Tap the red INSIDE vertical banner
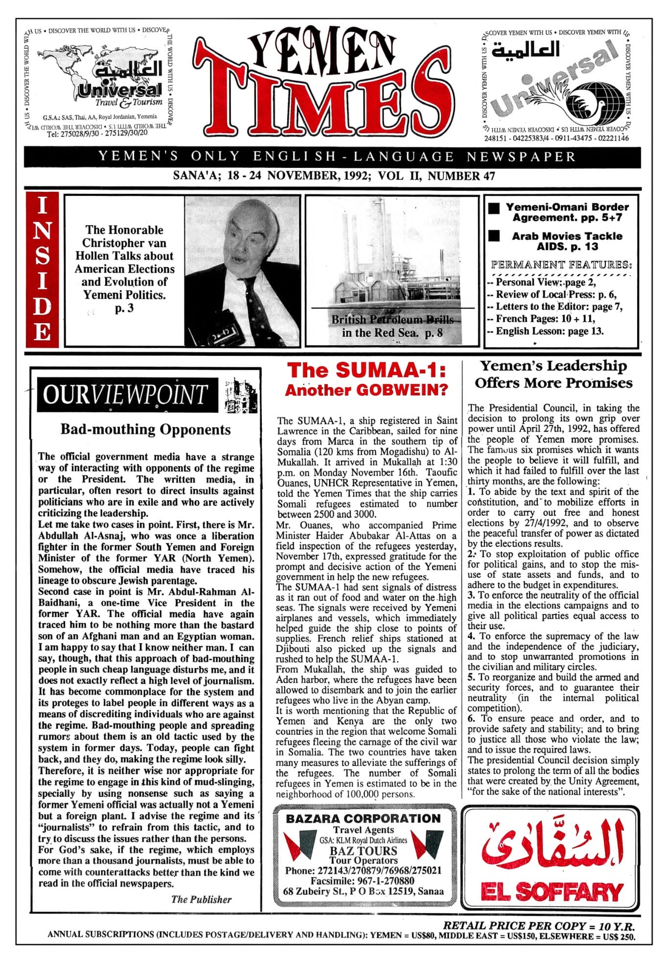pyautogui.click(x=42, y=269)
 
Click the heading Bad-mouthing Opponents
pyautogui.click(x=145, y=430)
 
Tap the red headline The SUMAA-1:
pyautogui.click(x=367, y=371)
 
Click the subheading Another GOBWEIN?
pyautogui.click(x=367, y=390)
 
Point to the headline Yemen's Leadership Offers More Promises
pyautogui.click(x=553, y=375)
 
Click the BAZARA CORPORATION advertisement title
pyautogui.click(x=363, y=818)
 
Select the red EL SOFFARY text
pyautogui.click(x=552, y=891)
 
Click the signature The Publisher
pyautogui.click(x=201, y=899)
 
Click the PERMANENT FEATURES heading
pyautogui.click(x=561, y=265)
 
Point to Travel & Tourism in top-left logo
pyautogui.click(x=129, y=102)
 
